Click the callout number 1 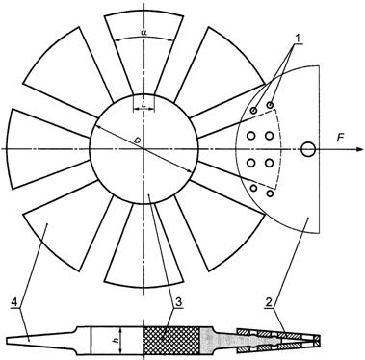299,39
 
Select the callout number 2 269,302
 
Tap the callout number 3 178,302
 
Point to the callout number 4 14,302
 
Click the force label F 340,139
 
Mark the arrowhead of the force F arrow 354,149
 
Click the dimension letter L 143,103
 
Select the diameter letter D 137,141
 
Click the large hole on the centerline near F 309,149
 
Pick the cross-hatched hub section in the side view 171,341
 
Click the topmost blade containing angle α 143,48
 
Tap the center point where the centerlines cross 143,149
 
